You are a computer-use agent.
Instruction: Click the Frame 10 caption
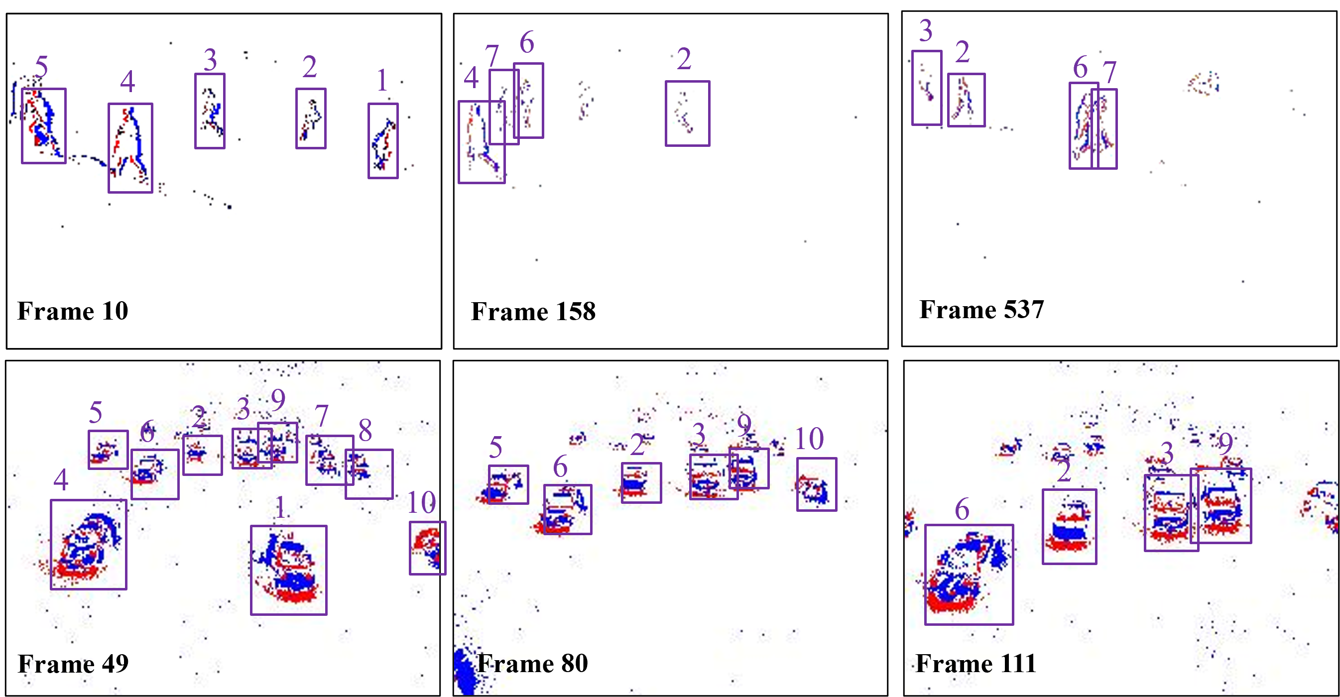tap(73, 311)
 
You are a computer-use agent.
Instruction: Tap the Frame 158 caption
tap(533, 312)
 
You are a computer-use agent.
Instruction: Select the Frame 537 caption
tap(981, 310)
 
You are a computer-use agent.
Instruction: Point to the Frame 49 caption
tap(73, 664)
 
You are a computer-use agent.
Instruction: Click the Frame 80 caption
tap(533, 663)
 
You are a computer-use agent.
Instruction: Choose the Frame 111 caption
tap(976, 663)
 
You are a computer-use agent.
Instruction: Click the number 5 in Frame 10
tap(42, 67)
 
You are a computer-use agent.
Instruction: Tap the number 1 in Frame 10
tap(382, 80)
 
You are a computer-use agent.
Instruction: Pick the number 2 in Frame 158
tap(684, 59)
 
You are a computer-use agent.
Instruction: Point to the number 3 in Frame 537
tap(925, 30)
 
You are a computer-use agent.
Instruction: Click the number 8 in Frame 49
tap(365, 430)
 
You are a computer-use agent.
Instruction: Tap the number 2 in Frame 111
tap(1064, 471)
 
